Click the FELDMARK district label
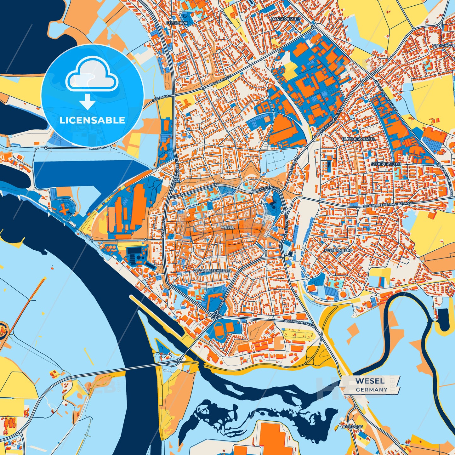click(177, 23)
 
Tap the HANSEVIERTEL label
click(286, 19)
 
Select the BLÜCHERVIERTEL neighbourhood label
click(359, 139)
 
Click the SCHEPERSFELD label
click(386, 164)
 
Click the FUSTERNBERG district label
click(338, 250)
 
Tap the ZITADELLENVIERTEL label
click(213, 270)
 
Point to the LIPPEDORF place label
click(351, 427)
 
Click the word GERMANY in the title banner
click(372, 390)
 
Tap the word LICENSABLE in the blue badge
click(92, 120)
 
